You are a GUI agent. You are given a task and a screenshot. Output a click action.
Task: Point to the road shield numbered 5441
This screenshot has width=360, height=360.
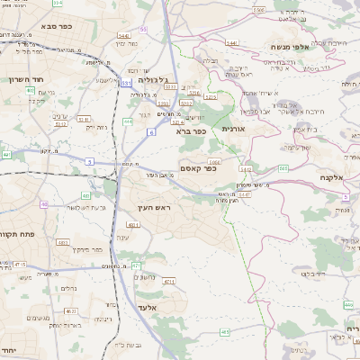231,42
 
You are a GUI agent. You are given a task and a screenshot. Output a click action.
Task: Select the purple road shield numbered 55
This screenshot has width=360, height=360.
143,30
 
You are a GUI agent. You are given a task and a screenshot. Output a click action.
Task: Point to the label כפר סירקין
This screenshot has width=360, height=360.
97,249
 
